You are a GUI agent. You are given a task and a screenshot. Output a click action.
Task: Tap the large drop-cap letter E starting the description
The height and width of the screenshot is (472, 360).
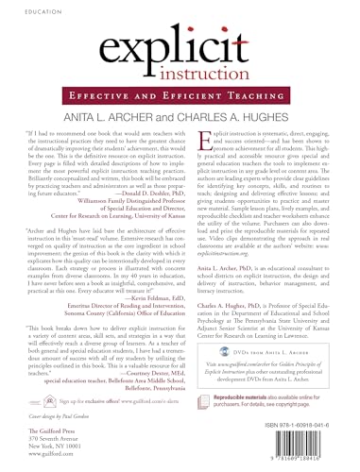tap(196, 148)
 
